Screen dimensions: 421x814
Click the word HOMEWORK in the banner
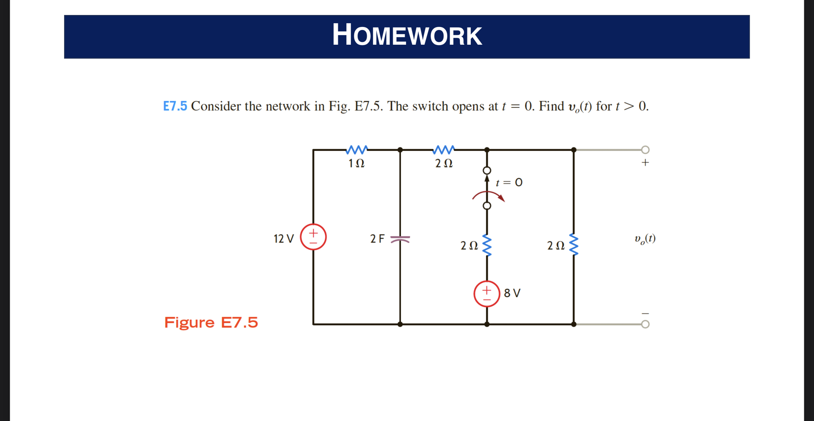(x=407, y=35)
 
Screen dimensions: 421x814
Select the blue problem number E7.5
(x=175, y=106)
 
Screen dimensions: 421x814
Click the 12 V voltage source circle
(x=313, y=237)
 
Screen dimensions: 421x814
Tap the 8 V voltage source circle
(x=487, y=294)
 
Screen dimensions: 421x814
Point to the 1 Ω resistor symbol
(x=357, y=150)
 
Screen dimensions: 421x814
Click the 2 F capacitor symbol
(x=400, y=239)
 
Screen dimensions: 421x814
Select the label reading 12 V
(x=284, y=239)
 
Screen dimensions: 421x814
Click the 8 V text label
(x=512, y=293)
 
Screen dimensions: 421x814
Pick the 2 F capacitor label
(x=377, y=239)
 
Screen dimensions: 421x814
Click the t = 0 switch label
(x=509, y=183)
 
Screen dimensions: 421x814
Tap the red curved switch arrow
(x=488, y=196)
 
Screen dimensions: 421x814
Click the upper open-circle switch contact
(x=487, y=170)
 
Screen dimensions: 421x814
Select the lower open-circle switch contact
(x=487, y=206)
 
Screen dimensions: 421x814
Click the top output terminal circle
(x=645, y=150)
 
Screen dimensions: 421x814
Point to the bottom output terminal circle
(x=645, y=324)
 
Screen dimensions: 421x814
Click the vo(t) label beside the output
(x=645, y=239)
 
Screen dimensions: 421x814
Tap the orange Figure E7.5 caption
(x=211, y=322)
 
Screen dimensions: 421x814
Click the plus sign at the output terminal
(x=645, y=163)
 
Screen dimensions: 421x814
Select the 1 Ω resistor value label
(x=357, y=164)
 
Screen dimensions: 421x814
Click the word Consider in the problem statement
(x=216, y=106)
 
